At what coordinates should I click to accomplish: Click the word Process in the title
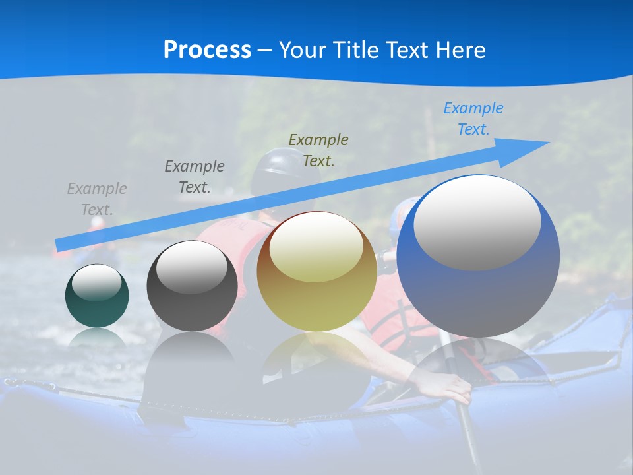[x=207, y=50]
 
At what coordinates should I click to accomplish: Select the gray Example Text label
[x=97, y=199]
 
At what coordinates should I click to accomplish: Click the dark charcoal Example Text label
[x=195, y=176]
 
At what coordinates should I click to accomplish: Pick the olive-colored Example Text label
[x=318, y=150]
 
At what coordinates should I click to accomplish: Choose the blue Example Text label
[x=473, y=119]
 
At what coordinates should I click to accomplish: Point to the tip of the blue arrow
[x=547, y=142]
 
